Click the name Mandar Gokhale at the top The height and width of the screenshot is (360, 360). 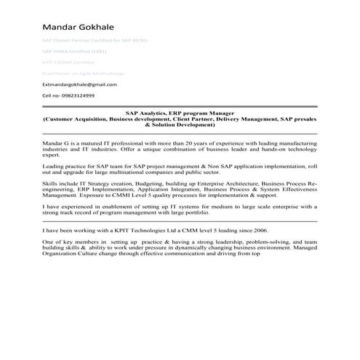click(x=82, y=27)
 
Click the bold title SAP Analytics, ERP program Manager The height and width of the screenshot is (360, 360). click(x=180, y=113)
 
